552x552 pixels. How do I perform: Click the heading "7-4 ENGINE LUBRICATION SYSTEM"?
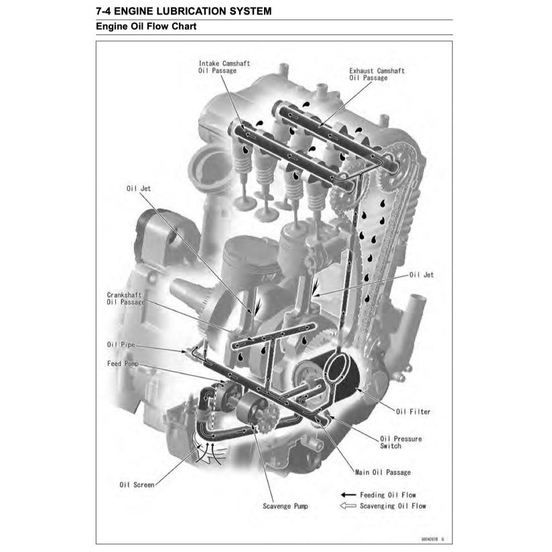click(184, 11)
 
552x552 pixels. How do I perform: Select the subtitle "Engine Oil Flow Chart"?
click(146, 27)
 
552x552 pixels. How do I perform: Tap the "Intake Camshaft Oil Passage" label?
click(224, 66)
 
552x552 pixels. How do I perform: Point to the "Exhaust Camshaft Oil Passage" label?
click(376, 74)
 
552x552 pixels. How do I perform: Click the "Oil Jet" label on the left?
click(139, 189)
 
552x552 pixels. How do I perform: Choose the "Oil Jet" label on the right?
click(421, 275)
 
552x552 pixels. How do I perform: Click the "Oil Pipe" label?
click(121, 344)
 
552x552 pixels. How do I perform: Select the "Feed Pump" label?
click(123, 363)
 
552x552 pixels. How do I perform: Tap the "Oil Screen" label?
click(137, 484)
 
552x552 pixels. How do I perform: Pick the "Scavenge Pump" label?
click(285, 506)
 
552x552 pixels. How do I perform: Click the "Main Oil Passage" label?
click(383, 472)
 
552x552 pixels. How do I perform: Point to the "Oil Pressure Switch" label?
click(401, 442)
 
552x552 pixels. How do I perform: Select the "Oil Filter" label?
click(413, 411)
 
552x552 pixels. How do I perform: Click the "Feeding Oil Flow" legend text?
click(388, 495)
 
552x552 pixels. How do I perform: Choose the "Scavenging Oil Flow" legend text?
click(393, 506)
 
